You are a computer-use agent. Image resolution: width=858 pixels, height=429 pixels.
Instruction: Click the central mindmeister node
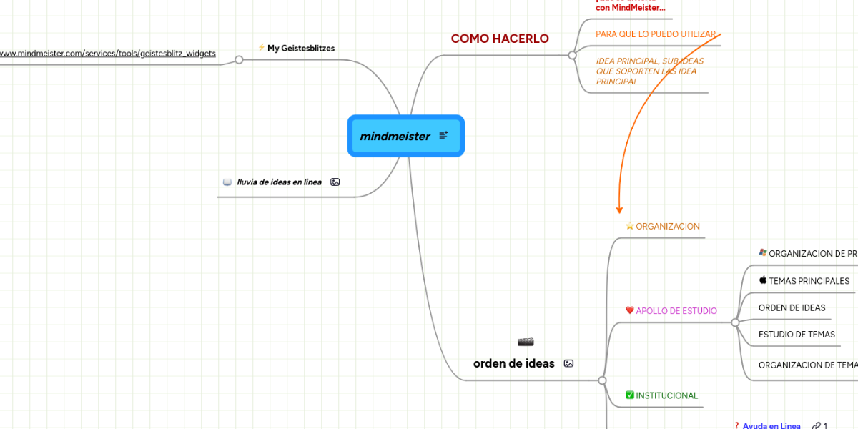pyautogui.click(x=395, y=136)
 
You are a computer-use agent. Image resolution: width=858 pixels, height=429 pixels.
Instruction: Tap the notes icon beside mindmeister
pyautogui.click(x=443, y=135)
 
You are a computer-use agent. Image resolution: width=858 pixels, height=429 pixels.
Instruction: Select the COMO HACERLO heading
pyautogui.click(x=500, y=39)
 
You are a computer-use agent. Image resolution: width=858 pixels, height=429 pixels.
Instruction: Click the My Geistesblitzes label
pyautogui.click(x=300, y=48)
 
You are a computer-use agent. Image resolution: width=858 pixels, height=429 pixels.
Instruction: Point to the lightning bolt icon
pyautogui.click(x=261, y=47)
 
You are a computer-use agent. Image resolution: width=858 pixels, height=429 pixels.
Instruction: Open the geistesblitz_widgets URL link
pyautogui.click(x=107, y=53)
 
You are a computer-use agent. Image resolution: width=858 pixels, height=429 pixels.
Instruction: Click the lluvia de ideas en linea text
pyautogui.click(x=279, y=182)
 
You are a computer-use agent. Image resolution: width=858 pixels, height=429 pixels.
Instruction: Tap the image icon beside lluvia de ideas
pyautogui.click(x=335, y=182)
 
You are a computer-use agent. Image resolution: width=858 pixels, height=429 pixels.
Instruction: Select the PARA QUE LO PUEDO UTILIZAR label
pyautogui.click(x=655, y=34)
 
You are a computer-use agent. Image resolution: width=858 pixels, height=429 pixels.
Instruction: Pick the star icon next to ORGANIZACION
pyautogui.click(x=630, y=226)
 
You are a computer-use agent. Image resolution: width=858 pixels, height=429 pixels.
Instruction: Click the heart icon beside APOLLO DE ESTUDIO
pyautogui.click(x=630, y=310)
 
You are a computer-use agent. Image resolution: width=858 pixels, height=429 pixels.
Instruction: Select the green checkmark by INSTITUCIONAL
pyautogui.click(x=630, y=395)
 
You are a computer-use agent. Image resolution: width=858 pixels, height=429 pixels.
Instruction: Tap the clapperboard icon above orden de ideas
pyautogui.click(x=526, y=342)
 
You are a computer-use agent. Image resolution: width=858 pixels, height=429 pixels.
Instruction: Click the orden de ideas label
pyautogui.click(x=513, y=363)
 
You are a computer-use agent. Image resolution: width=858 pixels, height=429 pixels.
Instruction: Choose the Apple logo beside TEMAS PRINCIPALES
pyautogui.click(x=763, y=280)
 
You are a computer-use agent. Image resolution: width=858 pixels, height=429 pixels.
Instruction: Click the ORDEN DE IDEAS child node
pyautogui.click(x=792, y=307)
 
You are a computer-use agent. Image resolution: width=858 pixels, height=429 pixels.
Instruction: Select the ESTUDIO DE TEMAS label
pyautogui.click(x=797, y=334)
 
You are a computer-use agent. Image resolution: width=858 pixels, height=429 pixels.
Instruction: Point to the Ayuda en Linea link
pyautogui.click(x=771, y=425)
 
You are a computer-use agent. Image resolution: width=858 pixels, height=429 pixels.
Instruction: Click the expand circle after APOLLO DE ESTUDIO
pyautogui.click(x=735, y=322)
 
